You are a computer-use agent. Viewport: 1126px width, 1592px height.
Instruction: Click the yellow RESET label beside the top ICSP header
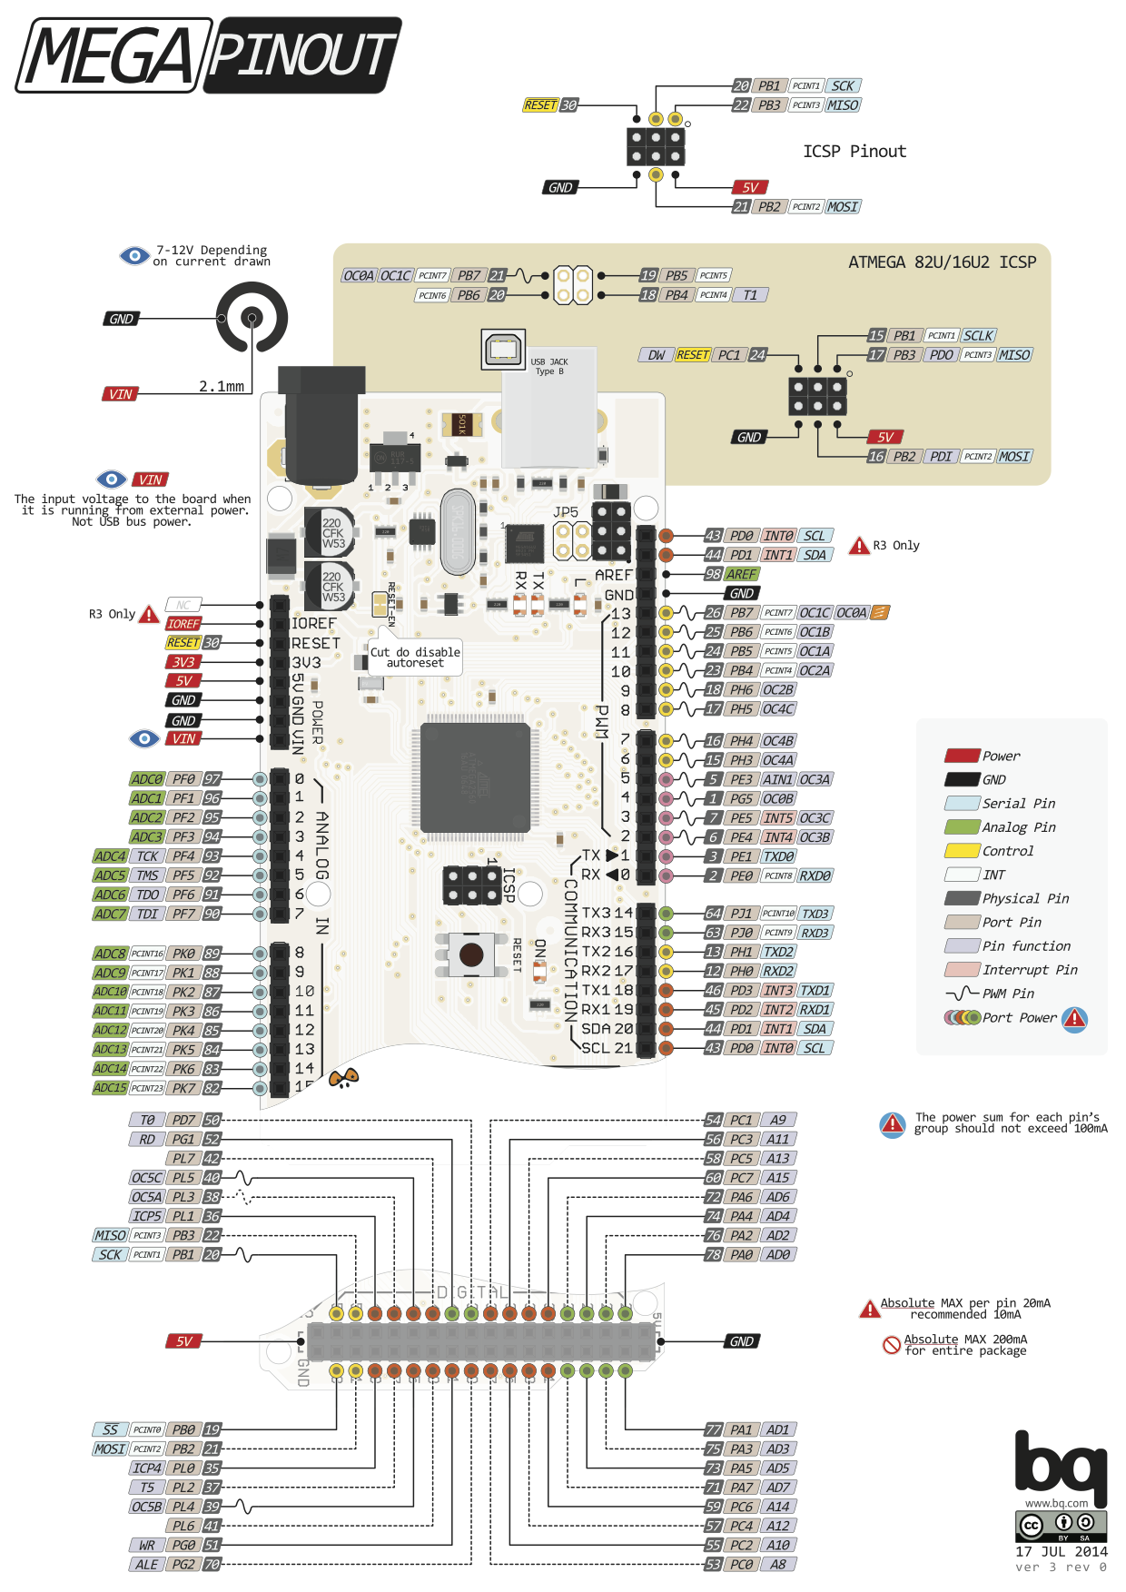coord(540,105)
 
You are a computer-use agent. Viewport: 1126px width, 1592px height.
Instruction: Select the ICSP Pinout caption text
coord(854,152)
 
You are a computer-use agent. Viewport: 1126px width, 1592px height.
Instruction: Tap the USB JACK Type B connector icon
coord(503,350)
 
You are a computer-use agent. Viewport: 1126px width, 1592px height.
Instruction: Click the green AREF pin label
coord(741,574)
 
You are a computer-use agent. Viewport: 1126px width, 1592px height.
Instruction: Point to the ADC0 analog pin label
coord(147,779)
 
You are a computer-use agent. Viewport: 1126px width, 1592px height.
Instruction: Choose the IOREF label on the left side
coord(183,624)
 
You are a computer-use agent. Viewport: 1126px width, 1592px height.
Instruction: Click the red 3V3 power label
coord(183,662)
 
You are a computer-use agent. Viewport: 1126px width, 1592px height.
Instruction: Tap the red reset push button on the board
coord(471,954)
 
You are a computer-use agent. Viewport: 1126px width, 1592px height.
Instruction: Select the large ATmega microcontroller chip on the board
coord(475,778)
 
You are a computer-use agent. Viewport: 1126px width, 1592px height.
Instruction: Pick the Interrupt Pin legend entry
coord(1029,970)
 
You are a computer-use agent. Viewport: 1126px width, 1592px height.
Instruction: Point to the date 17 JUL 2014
coord(1061,1552)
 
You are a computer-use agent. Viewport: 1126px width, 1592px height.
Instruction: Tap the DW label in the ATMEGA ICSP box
coord(656,355)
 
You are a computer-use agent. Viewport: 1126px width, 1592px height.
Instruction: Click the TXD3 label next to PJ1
coord(815,914)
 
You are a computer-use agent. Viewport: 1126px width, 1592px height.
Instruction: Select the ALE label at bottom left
coord(146,1565)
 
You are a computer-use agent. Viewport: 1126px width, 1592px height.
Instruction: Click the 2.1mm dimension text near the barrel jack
coord(222,387)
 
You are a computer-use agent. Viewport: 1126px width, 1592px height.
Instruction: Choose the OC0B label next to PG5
coord(778,799)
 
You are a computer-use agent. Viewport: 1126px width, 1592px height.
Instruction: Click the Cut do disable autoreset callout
coord(415,658)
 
